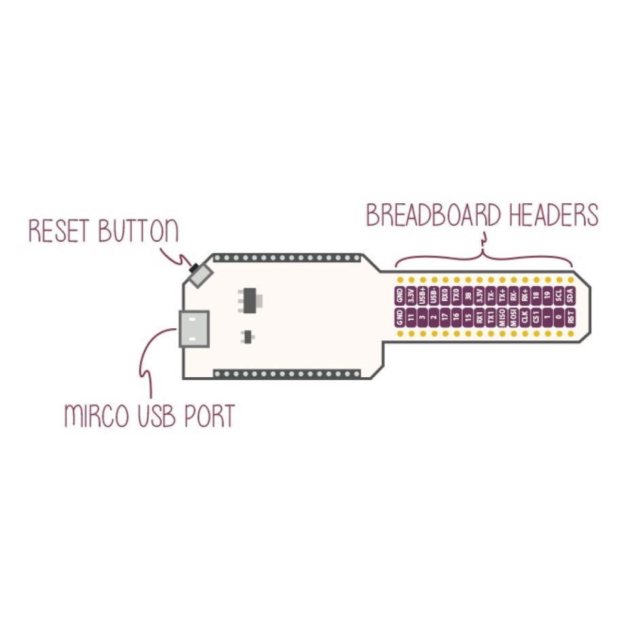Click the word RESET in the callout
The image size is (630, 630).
(60, 231)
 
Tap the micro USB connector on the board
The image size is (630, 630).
(193, 329)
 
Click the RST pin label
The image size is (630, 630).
(570, 317)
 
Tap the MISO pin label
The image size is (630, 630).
(502, 317)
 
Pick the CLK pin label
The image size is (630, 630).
(514, 317)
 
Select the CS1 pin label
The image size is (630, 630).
(536, 317)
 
